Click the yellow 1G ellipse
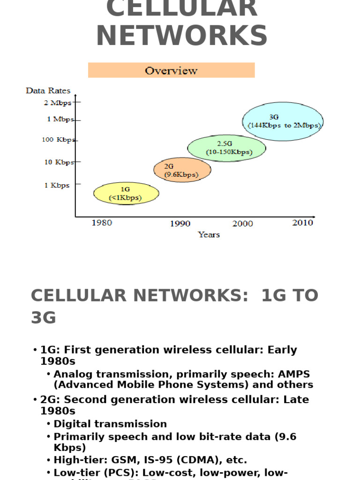(x=126, y=194)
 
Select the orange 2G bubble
(x=182, y=170)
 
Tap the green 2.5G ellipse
(x=227, y=148)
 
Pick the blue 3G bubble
(x=283, y=121)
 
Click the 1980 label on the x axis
(x=102, y=223)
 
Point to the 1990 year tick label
(x=180, y=224)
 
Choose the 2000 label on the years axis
(x=242, y=224)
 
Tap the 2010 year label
(x=302, y=223)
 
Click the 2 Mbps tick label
(x=58, y=103)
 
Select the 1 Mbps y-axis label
(x=60, y=120)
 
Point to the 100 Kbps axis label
(x=59, y=140)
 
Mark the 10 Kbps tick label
(x=59, y=162)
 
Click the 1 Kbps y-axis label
(x=57, y=185)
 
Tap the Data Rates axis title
(x=48, y=91)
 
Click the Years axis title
(x=209, y=234)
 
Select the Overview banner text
(x=171, y=71)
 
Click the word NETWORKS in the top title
(x=182, y=36)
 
